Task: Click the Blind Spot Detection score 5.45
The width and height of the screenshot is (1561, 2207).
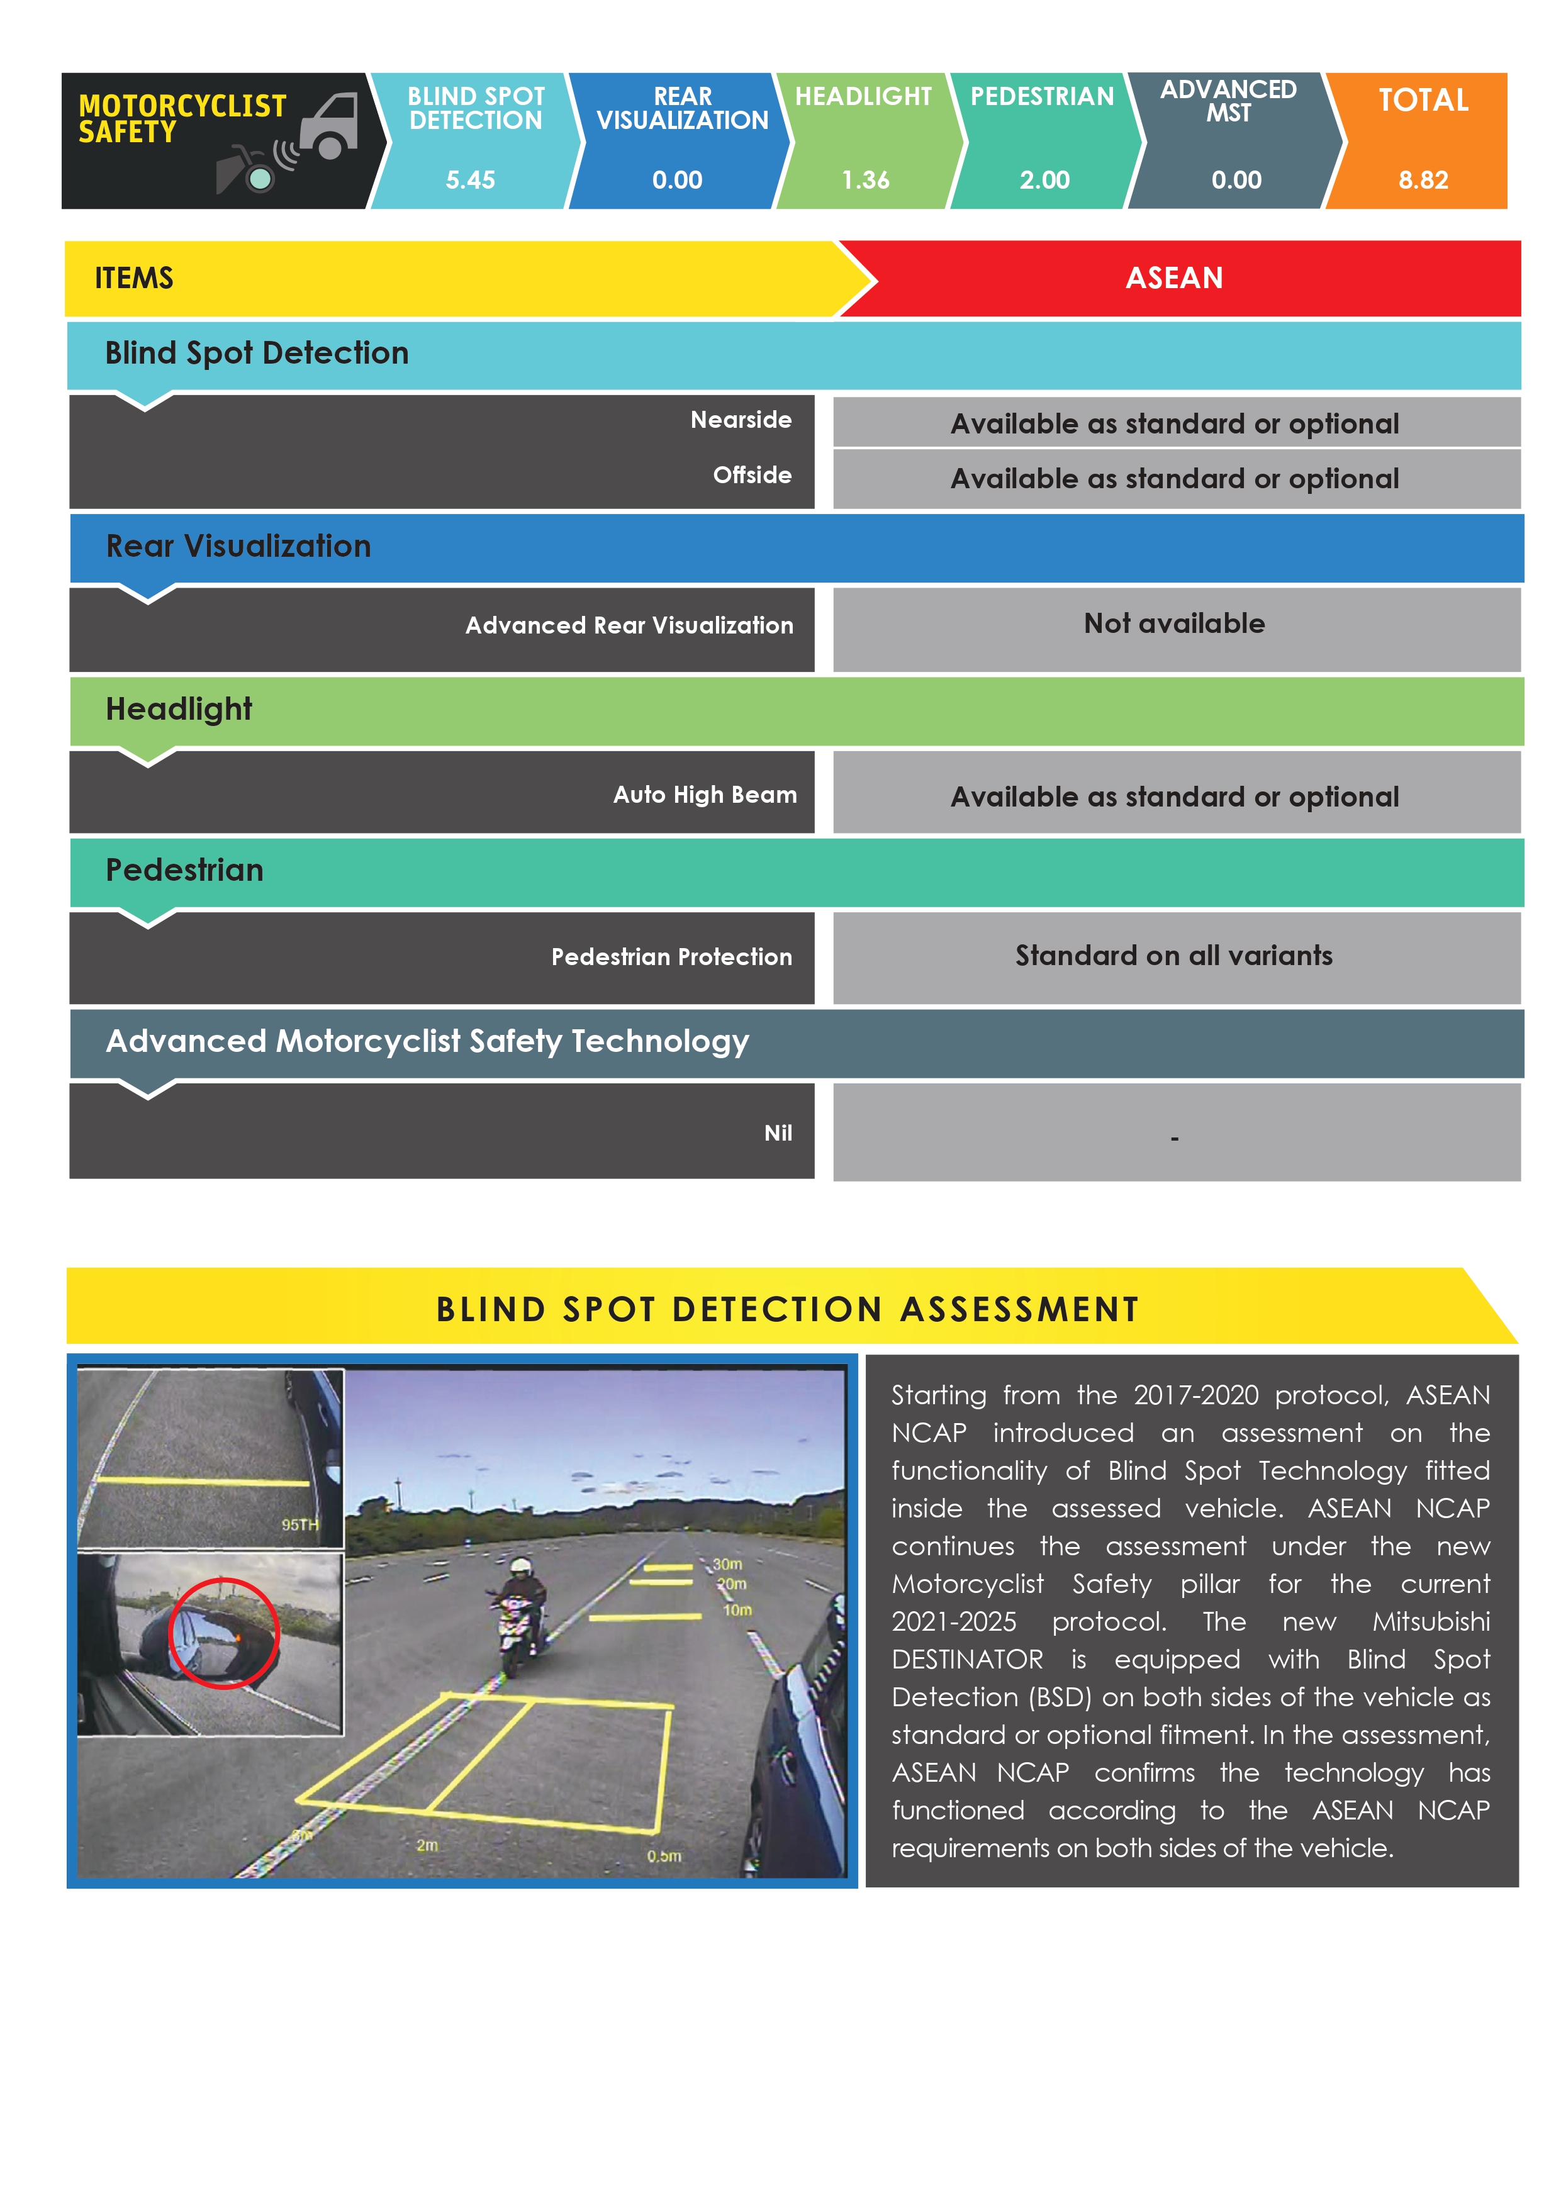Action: pos(470,180)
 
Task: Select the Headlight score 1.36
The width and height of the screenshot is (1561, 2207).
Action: pos(865,180)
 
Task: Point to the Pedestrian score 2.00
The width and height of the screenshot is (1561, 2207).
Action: pos(1044,180)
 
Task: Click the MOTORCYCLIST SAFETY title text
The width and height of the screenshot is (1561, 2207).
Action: pos(182,118)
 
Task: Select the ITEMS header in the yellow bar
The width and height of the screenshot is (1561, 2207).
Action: pos(133,279)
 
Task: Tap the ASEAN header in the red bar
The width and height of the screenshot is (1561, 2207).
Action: pos(1173,279)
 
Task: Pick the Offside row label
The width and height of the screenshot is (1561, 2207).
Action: pos(752,475)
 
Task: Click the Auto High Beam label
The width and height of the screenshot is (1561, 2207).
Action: pos(705,795)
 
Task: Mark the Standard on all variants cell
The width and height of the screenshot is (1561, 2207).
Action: pos(1173,956)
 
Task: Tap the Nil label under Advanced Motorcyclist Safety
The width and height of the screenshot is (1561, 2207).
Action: pos(778,1133)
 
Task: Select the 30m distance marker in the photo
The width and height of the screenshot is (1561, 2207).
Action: pos(727,1564)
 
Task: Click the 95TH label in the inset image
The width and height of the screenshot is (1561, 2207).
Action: pos(299,1524)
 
